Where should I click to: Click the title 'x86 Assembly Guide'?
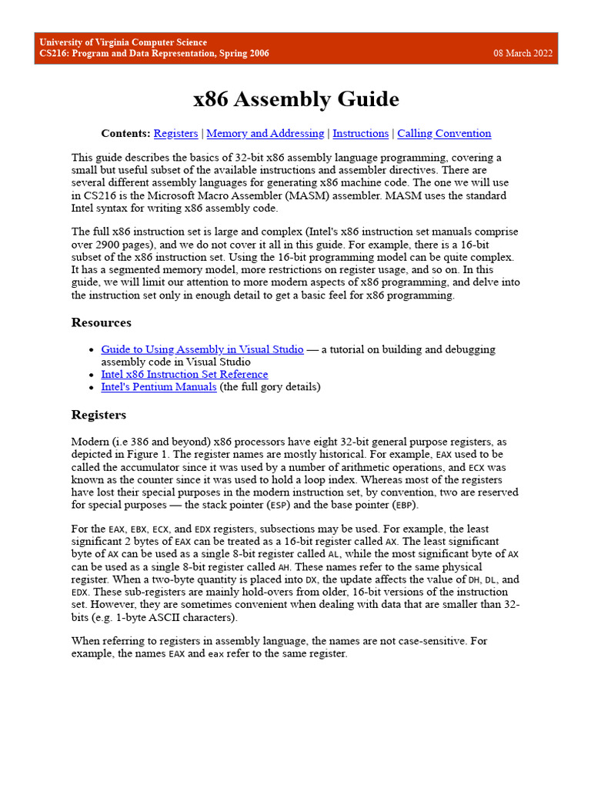click(x=295, y=99)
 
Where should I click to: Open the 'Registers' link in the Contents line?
click(x=175, y=133)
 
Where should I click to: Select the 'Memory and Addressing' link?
click(x=265, y=133)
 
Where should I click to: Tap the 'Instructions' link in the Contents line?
click(x=360, y=133)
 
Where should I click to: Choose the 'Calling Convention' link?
click(x=444, y=133)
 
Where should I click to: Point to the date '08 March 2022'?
click(x=523, y=53)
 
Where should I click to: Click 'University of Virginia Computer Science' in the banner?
click(x=123, y=42)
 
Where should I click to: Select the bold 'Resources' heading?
click(x=101, y=322)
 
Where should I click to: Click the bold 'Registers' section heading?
click(x=98, y=415)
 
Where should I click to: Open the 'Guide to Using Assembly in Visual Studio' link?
click(x=202, y=349)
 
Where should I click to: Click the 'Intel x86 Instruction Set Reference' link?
click(x=185, y=374)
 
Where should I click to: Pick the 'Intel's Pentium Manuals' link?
click(x=159, y=386)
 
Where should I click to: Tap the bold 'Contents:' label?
click(x=125, y=133)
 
